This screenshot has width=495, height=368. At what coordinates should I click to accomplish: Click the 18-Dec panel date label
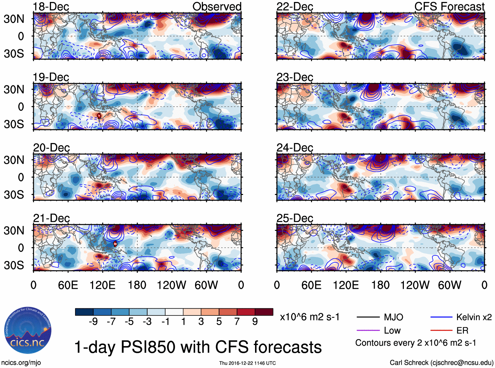click(x=51, y=7)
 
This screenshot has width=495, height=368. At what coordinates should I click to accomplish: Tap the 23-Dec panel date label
click(x=295, y=77)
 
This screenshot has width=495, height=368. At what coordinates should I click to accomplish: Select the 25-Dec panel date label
click(x=295, y=218)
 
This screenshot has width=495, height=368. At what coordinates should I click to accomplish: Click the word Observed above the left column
click(x=217, y=7)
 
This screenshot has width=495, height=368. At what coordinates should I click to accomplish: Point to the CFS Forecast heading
click(x=449, y=7)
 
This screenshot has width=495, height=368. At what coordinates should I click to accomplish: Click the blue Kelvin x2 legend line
click(x=441, y=317)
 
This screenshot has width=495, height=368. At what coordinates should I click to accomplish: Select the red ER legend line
click(x=441, y=330)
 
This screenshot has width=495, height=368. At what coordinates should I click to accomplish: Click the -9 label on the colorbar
click(x=93, y=322)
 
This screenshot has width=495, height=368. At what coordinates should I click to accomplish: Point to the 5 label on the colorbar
click(x=219, y=322)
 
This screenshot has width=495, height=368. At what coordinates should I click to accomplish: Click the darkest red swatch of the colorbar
click(x=264, y=312)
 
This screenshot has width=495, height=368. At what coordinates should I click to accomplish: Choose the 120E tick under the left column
click(x=103, y=285)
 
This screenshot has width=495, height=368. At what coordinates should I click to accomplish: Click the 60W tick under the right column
click(x=449, y=285)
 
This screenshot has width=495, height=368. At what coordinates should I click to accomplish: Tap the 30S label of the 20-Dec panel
click(x=14, y=195)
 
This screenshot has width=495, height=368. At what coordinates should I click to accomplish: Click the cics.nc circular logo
click(x=28, y=331)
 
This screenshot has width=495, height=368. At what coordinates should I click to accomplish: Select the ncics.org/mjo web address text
click(x=21, y=363)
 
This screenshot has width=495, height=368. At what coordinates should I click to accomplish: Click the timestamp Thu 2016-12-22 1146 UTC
click(x=247, y=363)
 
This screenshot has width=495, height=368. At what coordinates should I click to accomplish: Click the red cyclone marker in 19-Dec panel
click(x=99, y=116)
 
